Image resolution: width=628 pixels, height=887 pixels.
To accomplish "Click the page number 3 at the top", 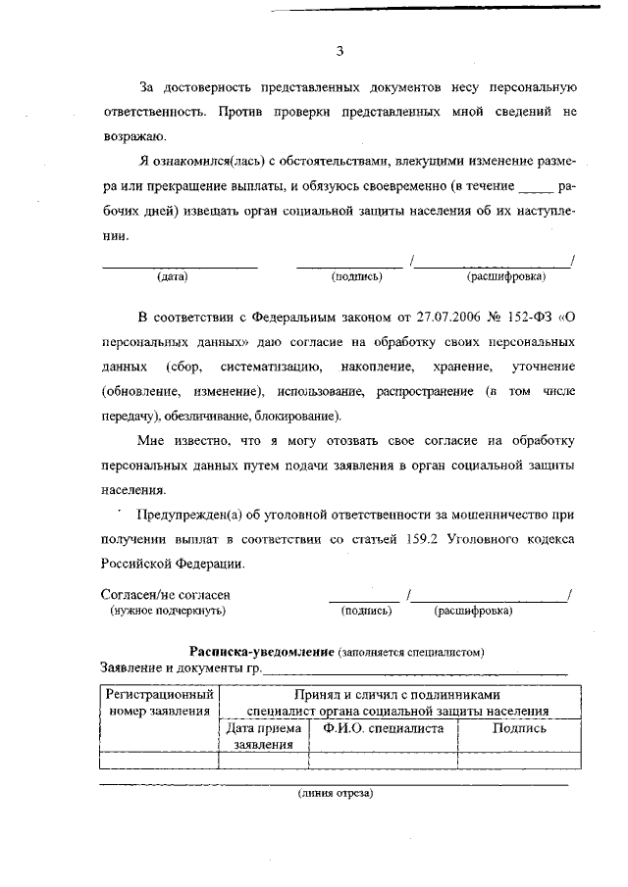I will (x=339, y=51).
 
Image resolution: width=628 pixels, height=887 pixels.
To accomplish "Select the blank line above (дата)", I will (x=180, y=266).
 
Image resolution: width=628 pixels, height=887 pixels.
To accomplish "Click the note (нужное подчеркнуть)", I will (x=168, y=611).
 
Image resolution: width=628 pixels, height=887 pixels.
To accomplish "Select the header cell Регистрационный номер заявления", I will (x=159, y=702).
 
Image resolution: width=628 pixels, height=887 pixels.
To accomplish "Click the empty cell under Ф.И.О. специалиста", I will (x=383, y=759).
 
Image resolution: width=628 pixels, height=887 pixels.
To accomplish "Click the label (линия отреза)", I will (x=336, y=793).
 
